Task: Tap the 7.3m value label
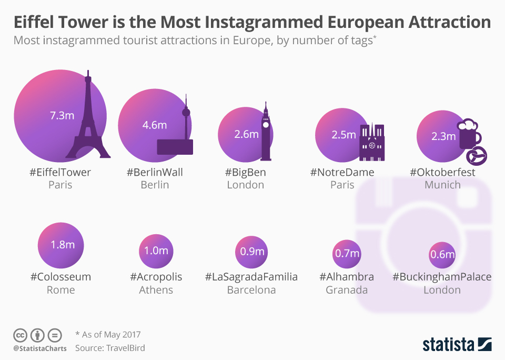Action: (62, 115)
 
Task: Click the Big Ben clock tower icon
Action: (266, 134)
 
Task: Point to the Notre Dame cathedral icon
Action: (372, 142)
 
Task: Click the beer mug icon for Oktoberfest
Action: (468, 134)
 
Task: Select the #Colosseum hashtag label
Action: (60, 277)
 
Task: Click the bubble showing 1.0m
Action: (156, 251)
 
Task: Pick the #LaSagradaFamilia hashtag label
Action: (251, 277)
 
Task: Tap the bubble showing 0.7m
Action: (347, 254)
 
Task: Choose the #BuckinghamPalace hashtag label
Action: (442, 277)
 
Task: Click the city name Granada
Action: (347, 290)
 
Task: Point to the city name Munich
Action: (442, 185)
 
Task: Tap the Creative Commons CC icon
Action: (20, 335)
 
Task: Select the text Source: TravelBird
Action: (110, 348)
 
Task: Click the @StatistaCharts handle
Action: (40, 348)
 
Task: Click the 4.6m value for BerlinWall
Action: (155, 125)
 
